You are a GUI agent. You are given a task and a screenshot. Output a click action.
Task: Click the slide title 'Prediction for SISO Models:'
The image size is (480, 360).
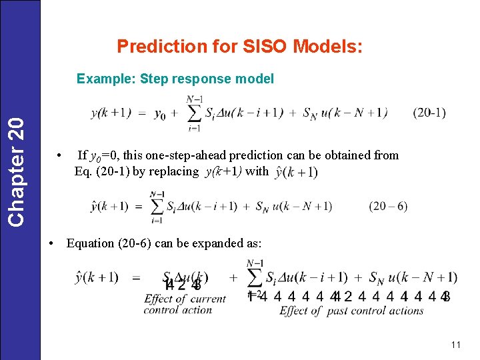(239, 47)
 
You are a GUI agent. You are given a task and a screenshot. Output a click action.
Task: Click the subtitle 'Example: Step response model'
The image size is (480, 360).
(175, 79)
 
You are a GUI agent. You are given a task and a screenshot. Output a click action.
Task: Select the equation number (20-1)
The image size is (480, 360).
(429, 113)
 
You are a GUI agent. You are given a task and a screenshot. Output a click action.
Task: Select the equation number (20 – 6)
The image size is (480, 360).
(387, 206)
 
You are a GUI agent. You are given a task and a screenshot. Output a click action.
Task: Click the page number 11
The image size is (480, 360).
(456, 345)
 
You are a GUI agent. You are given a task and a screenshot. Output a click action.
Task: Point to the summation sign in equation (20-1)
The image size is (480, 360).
(195, 113)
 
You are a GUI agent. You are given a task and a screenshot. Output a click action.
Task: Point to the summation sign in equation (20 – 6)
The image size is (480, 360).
(157, 206)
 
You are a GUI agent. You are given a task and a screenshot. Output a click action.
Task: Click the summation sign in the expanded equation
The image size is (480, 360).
(254, 277)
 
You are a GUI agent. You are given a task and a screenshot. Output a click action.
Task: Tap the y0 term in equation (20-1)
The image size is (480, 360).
(160, 114)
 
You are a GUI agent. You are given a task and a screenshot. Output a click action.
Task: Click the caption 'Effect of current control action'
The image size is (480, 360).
(185, 304)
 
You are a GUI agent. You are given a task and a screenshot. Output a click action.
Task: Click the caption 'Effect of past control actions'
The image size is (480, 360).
(351, 311)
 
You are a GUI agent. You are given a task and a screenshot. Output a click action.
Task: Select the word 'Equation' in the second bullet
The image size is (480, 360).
(90, 243)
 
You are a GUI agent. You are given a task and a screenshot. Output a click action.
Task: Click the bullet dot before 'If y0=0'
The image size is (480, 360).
(60, 155)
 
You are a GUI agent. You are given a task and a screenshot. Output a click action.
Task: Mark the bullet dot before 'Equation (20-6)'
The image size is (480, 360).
(53, 243)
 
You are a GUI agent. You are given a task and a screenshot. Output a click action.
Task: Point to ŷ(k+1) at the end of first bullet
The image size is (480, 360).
(296, 172)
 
